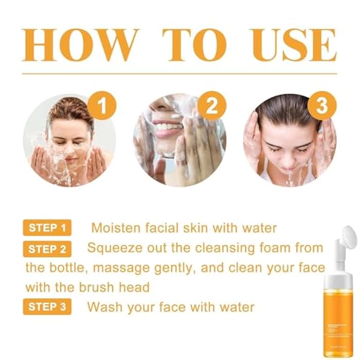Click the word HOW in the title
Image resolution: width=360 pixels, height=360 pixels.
pos(80,45)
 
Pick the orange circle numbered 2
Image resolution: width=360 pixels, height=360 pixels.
pos(211,106)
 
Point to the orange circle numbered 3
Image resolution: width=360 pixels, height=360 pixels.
pos(321,106)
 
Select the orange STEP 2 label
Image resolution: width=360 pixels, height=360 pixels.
pos(47,249)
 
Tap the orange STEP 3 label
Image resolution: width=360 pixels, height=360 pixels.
pos(47,308)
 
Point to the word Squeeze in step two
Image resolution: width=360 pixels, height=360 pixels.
pos(111,248)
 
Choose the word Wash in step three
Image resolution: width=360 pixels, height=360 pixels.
pos(103,308)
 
